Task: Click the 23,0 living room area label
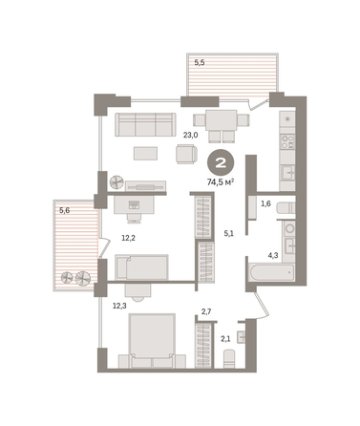(190, 135)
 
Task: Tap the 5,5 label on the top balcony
(200, 63)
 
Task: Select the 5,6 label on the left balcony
(65, 210)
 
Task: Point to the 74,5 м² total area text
(221, 182)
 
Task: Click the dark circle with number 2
(221, 162)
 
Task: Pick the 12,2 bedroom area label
(129, 238)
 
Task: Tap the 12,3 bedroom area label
(119, 306)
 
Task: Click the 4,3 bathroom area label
(273, 255)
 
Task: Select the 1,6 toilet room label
(265, 203)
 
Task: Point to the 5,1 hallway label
(229, 234)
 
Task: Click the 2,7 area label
(206, 311)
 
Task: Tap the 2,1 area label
(225, 339)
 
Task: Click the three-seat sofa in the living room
(145, 124)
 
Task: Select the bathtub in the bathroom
(271, 272)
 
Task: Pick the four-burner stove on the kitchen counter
(287, 141)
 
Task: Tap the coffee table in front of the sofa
(146, 153)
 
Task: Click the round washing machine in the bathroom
(289, 228)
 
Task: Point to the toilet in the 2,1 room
(229, 358)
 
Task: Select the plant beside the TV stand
(116, 182)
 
